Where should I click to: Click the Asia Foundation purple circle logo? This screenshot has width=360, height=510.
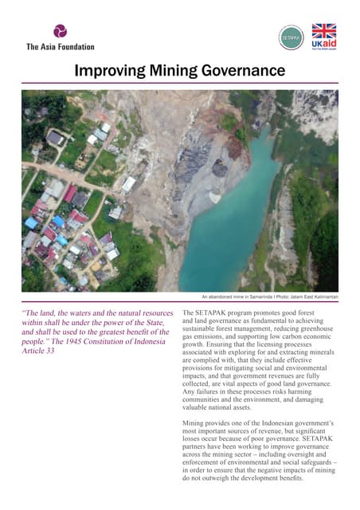[61, 32]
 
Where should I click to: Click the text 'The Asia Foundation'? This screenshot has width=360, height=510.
[61, 47]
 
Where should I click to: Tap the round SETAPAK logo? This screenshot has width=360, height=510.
[291, 37]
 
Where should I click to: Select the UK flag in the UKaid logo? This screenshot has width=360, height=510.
[324, 31]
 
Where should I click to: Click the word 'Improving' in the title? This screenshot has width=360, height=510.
[107, 72]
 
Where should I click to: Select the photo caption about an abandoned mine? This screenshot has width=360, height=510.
[269, 296]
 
